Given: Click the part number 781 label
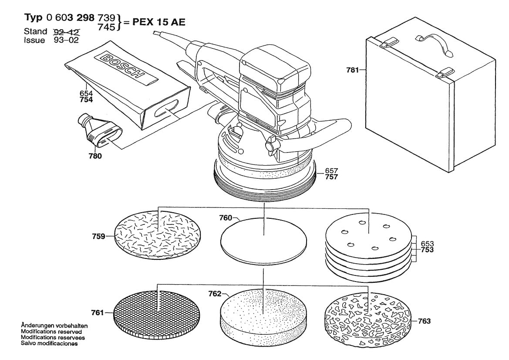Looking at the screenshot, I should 352,70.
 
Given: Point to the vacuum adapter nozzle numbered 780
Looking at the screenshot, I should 98,131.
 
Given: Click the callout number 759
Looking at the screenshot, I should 99,237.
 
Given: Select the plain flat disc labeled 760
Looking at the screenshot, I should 263,239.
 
